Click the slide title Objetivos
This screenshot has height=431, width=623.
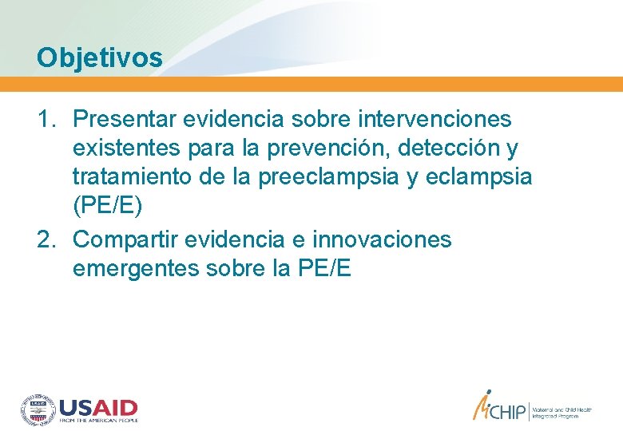click(100, 57)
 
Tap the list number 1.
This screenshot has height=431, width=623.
click(46, 120)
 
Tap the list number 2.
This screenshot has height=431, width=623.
click(46, 239)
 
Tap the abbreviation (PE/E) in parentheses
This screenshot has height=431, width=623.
click(107, 208)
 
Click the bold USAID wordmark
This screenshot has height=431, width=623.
click(98, 406)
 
